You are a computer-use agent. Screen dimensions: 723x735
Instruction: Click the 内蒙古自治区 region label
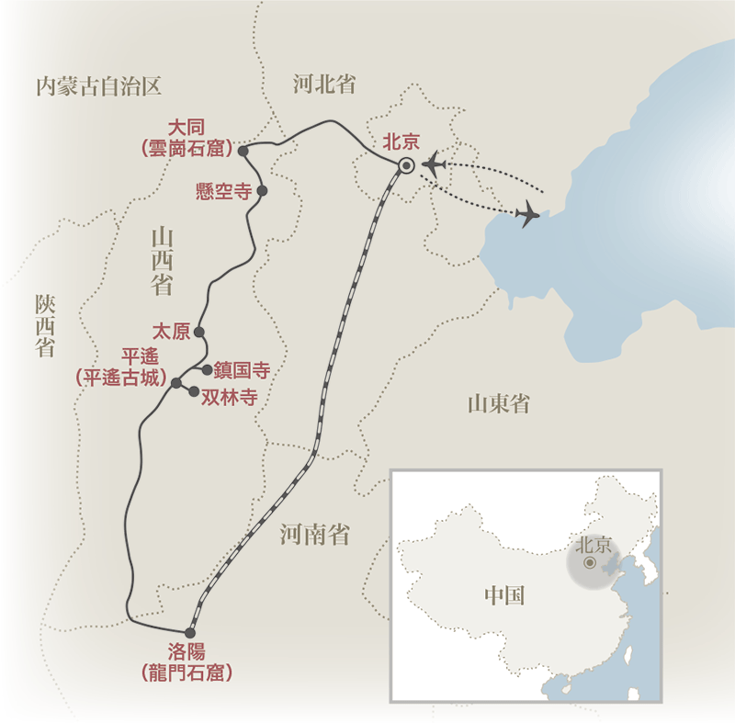coord(98,87)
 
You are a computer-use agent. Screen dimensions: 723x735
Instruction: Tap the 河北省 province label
coord(323,85)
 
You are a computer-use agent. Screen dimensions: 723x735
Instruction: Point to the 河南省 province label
coord(315,535)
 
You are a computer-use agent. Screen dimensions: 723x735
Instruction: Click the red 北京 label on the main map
coord(401,141)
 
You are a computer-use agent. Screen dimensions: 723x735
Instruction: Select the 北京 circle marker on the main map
coord(406,166)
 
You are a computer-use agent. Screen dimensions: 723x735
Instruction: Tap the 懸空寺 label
coord(224,191)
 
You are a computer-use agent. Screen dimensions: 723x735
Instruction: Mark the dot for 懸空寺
coord(262,191)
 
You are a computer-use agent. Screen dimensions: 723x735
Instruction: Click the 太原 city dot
coord(199,332)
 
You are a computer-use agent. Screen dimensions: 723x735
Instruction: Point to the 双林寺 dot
coord(194,392)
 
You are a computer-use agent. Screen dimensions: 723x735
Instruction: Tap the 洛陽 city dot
coord(190,632)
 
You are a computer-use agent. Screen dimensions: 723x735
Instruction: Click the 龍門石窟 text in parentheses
coord(188,672)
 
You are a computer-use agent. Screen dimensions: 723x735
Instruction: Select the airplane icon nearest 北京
coord(433,165)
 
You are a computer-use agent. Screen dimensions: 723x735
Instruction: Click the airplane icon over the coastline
coord(528,215)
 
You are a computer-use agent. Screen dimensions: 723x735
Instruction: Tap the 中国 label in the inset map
coord(504,595)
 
